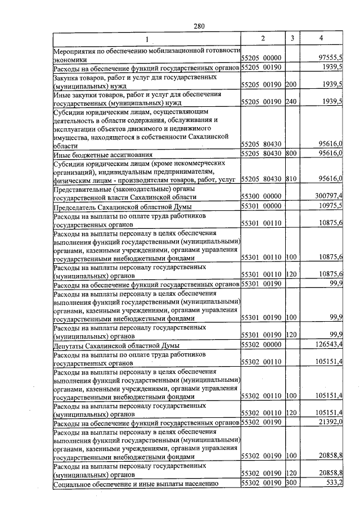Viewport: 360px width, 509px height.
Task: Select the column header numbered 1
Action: pyautogui.click(x=147, y=39)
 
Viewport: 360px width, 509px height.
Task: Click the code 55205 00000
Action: pyautogui.click(x=261, y=58)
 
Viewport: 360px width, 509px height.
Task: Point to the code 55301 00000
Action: pyautogui.click(x=261, y=206)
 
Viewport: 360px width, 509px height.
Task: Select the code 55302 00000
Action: pyautogui.click(x=261, y=344)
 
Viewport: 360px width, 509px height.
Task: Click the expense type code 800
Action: pyautogui.click(x=291, y=153)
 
